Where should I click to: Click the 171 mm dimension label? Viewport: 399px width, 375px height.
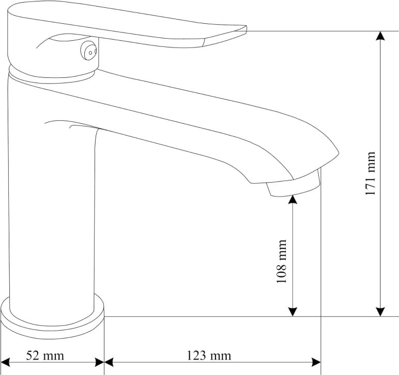pyautogui.click(x=371, y=173)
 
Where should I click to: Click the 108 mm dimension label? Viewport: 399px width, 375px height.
pyautogui.click(x=282, y=261)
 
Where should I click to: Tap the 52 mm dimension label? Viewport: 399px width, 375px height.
pyautogui.click(x=45, y=356)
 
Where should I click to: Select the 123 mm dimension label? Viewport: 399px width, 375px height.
pyautogui.click(x=209, y=356)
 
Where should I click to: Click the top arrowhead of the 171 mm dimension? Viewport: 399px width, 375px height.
pyautogui.click(x=380, y=36)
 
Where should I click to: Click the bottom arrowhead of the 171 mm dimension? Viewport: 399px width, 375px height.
pyautogui.click(x=380, y=312)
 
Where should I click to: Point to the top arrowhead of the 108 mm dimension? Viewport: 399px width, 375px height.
pyautogui.click(x=293, y=200)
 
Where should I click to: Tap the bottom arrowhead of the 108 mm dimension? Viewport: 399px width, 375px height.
pyautogui.click(x=293, y=312)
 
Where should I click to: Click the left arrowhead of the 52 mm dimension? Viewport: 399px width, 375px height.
pyautogui.click(x=5, y=362)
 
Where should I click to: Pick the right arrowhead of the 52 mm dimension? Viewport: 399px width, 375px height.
pyautogui.click(x=100, y=362)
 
